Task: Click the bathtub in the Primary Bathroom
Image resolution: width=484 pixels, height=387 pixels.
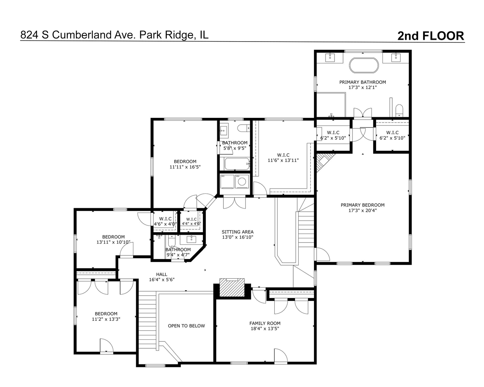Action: point(364,65)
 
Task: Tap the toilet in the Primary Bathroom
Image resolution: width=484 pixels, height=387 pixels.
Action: point(399,110)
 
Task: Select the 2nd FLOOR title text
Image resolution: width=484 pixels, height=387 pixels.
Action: point(431,36)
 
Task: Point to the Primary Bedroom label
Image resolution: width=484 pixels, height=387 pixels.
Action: point(362,205)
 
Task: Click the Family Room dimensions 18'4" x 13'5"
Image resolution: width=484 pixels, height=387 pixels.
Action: point(265,329)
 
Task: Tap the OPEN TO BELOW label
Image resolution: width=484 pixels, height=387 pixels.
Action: point(186,326)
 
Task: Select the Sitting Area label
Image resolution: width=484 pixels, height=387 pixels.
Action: point(237,232)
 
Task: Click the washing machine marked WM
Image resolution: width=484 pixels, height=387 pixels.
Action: point(242,181)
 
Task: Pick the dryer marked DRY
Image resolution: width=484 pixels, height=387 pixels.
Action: point(227,181)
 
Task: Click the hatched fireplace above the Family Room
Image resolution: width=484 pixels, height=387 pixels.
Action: point(232,288)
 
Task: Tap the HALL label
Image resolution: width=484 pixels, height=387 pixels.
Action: point(162,274)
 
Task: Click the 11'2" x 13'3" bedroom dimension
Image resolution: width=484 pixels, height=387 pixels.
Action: point(106,319)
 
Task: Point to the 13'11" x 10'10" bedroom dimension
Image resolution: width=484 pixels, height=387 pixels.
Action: point(113,242)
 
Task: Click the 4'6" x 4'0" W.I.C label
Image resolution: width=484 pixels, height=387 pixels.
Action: point(165,224)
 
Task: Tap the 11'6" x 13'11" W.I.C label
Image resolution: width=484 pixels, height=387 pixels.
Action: point(283,160)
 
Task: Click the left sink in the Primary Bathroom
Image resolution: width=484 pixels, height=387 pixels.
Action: point(330,58)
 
